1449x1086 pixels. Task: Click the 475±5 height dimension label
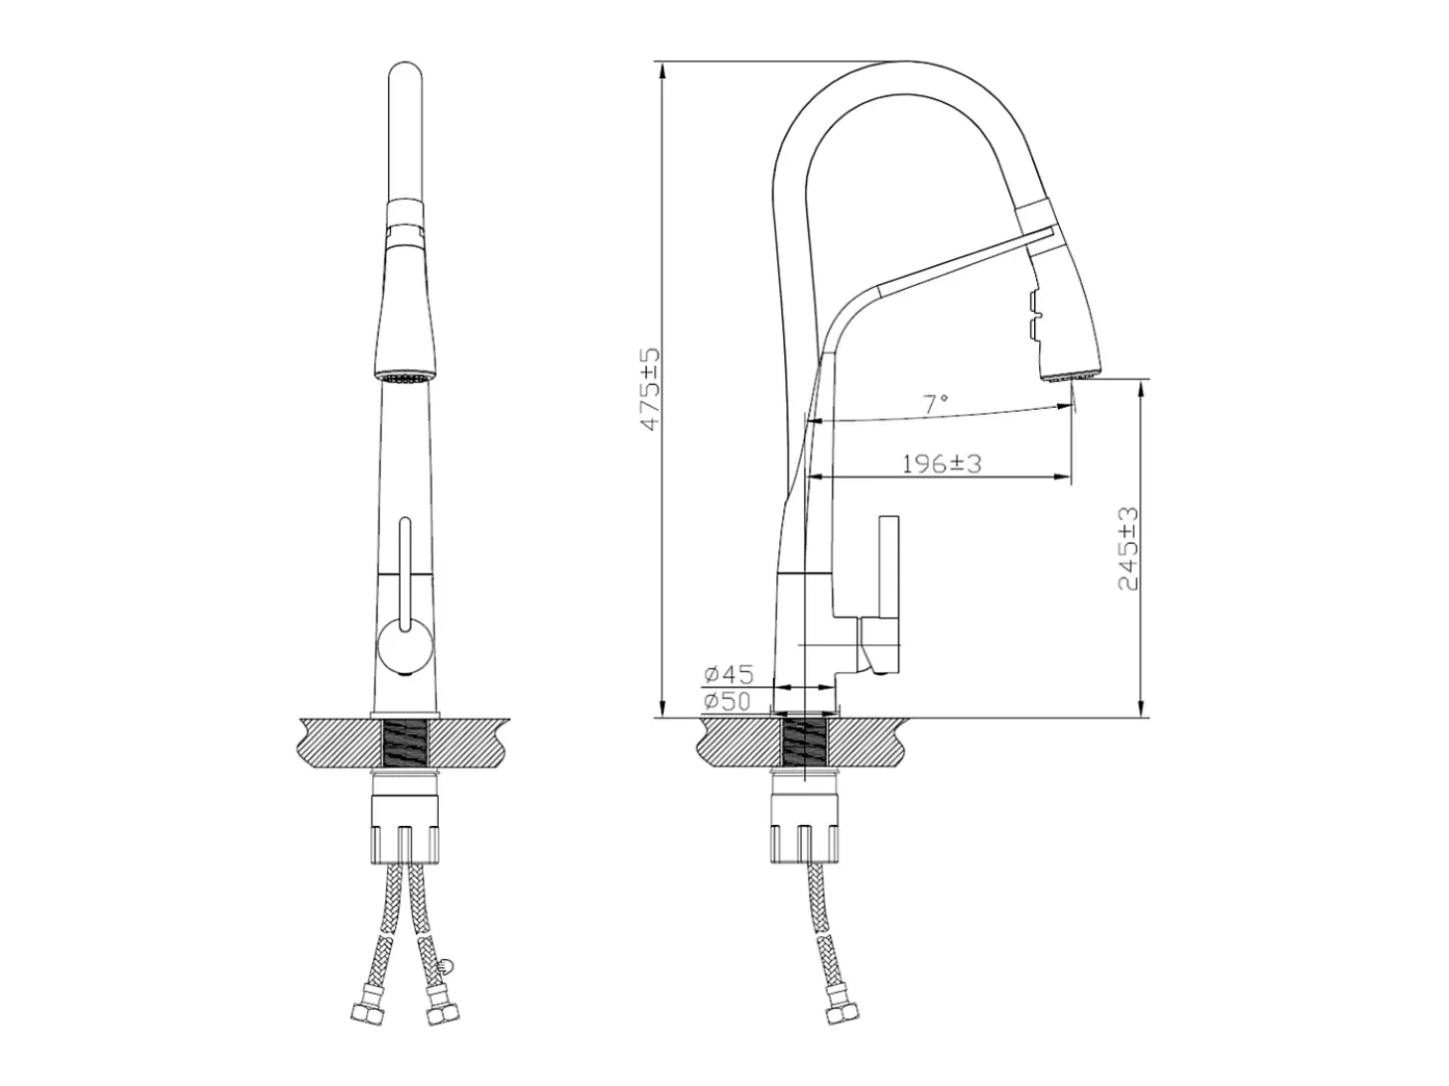tap(651, 389)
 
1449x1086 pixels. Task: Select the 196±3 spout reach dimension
tap(942, 464)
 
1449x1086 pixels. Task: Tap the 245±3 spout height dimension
tap(1128, 549)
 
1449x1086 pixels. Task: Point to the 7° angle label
tap(935, 403)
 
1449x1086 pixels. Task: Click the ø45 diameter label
tap(728, 675)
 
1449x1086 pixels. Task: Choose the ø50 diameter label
tap(726, 701)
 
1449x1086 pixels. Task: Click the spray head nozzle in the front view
tap(405, 377)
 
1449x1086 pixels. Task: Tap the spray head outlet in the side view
tap(1070, 376)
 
